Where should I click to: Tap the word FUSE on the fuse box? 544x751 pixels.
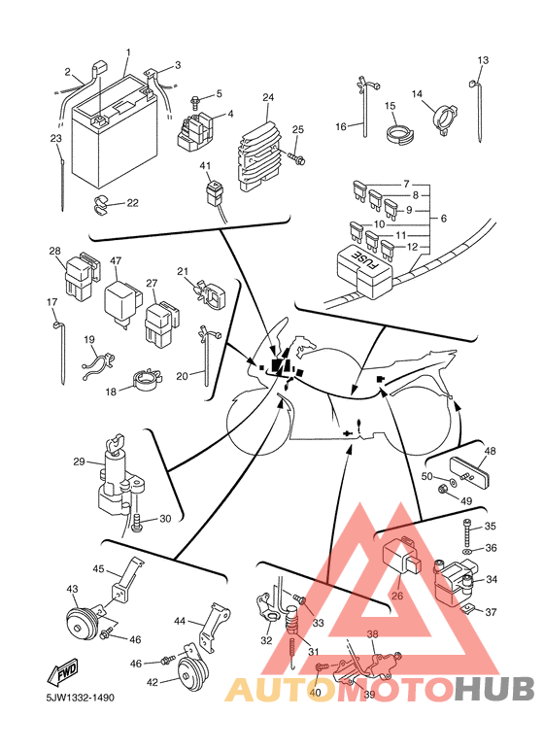pos(365,262)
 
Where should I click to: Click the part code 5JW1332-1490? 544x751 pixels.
pos(80,698)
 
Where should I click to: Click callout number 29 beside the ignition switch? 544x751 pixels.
pos(79,461)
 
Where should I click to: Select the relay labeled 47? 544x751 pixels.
pos(122,303)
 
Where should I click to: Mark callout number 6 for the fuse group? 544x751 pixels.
pos(443,219)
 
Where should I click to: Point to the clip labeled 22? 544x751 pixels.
pos(101,205)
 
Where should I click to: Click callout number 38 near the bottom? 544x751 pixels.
pos(373,634)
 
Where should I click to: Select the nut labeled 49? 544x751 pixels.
pos(442,490)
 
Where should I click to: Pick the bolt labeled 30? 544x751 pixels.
pos(136,521)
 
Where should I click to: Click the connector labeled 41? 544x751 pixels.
pos(215,189)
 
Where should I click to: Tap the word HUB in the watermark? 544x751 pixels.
pos(494,689)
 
